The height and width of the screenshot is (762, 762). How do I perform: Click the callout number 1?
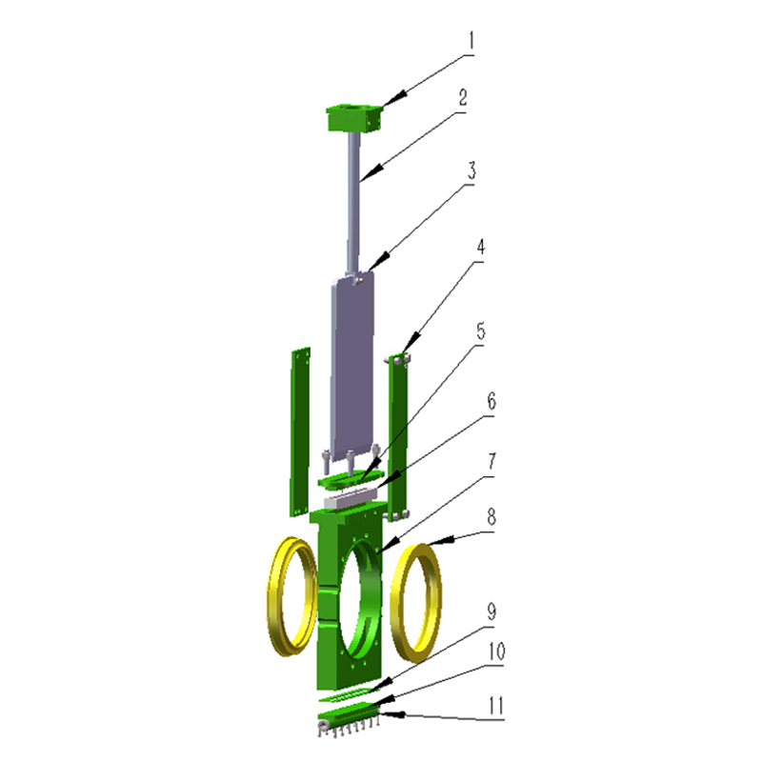click(x=471, y=41)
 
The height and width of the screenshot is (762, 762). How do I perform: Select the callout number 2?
click(x=463, y=98)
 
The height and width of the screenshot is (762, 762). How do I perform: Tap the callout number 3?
click(x=471, y=170)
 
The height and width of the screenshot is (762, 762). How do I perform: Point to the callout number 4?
click(x=480, y=248)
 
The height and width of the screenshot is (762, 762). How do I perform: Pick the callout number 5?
click(x=481, y=331)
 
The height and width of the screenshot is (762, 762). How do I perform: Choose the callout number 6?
click(x=491, y=401)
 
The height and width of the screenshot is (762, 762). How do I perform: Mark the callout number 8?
click(x=491, y=517)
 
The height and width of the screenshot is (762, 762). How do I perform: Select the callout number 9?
click(x=491, y=612)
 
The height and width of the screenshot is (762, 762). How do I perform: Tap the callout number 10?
click(x=496, y=652)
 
